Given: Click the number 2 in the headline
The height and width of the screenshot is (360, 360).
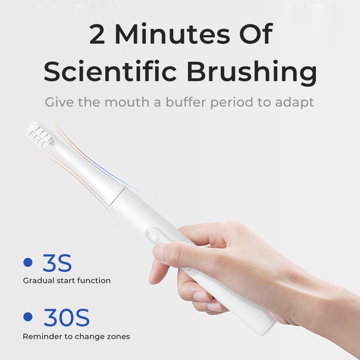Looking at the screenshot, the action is (97, 34).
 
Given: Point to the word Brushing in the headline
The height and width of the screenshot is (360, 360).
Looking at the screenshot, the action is (252, 73).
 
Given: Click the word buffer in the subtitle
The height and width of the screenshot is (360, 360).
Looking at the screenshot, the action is (186, 102).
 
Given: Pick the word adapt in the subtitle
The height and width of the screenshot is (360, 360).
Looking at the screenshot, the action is (295, 103).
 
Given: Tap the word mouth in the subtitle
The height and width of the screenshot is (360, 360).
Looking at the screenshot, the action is (127, 102).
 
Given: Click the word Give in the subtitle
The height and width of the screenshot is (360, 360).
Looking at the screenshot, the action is (59, 102).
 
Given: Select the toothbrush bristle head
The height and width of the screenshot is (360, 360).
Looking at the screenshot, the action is (40, 134).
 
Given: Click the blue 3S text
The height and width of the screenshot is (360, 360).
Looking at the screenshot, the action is (57, 263).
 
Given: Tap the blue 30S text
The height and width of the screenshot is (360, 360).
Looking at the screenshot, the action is (66, 318).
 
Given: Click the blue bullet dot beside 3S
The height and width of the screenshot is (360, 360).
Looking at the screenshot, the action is (28, 262).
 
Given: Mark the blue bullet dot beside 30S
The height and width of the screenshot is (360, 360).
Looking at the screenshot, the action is (28, 317).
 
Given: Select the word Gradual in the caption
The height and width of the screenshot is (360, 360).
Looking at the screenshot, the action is (39, 280).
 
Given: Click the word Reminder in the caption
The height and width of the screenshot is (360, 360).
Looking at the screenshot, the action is (42, 336).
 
